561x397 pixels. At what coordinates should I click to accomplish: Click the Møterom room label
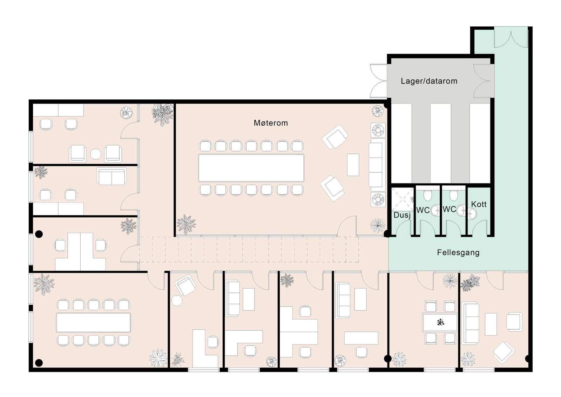271,123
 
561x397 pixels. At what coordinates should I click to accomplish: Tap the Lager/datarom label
429,81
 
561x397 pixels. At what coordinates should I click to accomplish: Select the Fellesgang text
458,252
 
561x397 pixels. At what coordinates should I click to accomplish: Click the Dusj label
402,215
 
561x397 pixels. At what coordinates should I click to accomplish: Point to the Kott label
479,204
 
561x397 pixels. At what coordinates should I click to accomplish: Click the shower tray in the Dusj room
402,199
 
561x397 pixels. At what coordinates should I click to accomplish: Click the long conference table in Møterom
251,167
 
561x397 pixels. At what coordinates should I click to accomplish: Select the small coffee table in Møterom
353,165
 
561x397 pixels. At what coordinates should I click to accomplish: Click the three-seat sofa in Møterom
377,165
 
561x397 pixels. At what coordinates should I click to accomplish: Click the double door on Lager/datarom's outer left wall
379,81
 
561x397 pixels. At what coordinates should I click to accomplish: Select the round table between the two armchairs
95,154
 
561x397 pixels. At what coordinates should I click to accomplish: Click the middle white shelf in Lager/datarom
440,143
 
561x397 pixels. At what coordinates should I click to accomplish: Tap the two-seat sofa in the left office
111,177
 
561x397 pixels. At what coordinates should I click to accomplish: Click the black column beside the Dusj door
387,233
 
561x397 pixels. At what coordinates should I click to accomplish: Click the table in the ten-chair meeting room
93,323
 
